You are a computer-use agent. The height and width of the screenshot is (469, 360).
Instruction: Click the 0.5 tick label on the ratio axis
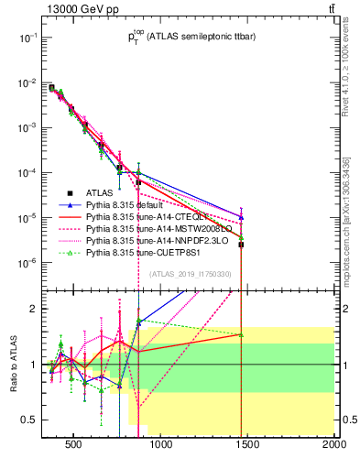(29, 420)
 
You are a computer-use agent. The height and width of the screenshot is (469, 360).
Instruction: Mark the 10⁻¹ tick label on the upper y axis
(27, 38)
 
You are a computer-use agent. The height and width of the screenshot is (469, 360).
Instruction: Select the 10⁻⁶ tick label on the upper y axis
(27, 263)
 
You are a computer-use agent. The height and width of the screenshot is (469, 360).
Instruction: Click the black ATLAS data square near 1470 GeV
(241, 245)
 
